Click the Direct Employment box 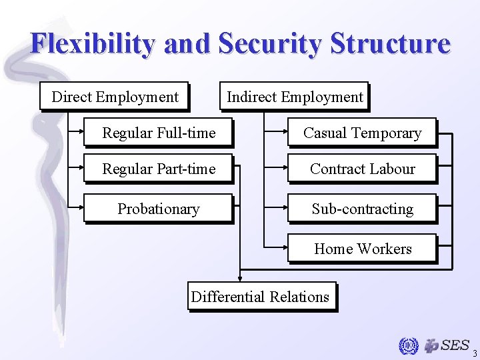(x=115, y=97)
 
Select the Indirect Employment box (x=295, y=97)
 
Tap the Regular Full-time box (x=159, y=133)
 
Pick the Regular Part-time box (x=159, y=169)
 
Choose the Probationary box (x=159, y=209)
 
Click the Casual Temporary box (x=362, y=133)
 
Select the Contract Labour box (x=362, y=169)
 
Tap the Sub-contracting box (x=362, y=209)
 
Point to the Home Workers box (x=362, y=249)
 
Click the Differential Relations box (x=261, y=297)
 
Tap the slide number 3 (x=474, y=353)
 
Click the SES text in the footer (x=455, y=345)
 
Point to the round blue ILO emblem (x=407, y=346)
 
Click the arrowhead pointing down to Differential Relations (x=241, y=280)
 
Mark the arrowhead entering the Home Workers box (x=285, y=249)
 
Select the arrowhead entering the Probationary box (x=81, y=209)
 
